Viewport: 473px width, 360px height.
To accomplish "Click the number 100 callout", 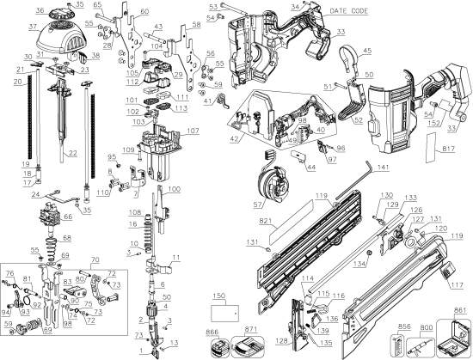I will point(175,188).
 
